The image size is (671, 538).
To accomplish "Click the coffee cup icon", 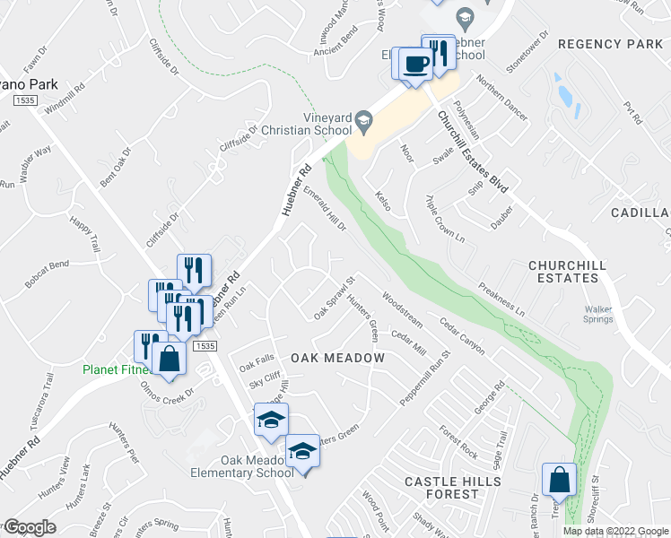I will click(414, 65).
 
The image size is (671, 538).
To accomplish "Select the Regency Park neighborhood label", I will click(609, 44).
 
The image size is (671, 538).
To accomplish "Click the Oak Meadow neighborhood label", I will click(337, 358).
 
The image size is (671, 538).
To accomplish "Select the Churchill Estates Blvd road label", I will click(473, 152).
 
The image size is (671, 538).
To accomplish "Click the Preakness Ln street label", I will click(501, 299).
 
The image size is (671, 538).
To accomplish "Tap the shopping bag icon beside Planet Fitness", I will click(169, 359).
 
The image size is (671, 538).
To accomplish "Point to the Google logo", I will click(29, 527).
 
